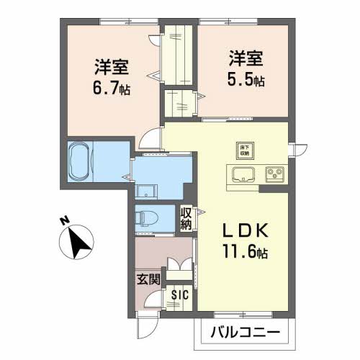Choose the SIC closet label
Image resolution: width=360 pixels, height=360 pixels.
pyautogui.click(x=180, y=295)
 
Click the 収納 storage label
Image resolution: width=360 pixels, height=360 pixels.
pyautogui.click(x=186, y=219)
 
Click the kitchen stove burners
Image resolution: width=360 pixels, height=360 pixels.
pyautogui.click(x=274, y=174)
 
